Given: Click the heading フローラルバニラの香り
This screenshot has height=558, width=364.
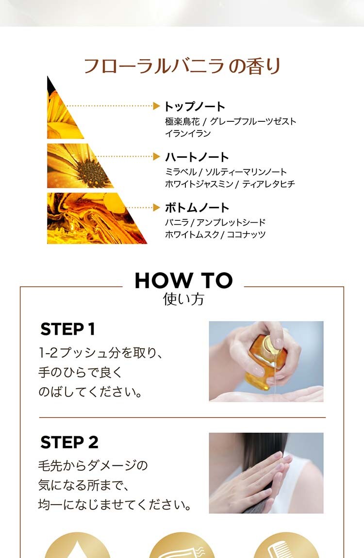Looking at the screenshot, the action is point(182,66).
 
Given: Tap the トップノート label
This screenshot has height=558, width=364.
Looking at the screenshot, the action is point(195,106).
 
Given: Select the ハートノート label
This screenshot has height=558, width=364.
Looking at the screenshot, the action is point(197,157).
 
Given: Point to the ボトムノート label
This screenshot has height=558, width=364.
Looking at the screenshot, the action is point(197,208).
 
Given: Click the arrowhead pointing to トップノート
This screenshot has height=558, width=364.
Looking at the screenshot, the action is point(156,106).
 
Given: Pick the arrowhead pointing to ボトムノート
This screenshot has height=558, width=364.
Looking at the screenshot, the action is point(156,207).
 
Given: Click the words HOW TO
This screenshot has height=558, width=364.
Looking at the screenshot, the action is point(183,280).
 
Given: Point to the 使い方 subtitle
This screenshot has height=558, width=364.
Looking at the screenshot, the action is point(183,299).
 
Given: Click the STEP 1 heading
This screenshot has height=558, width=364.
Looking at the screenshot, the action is point(67,329).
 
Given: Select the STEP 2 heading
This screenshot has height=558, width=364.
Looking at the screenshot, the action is point(69,443).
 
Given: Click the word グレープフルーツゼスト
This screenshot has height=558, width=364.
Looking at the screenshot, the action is point(253,121).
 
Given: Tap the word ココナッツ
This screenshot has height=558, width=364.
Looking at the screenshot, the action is point(246,234).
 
